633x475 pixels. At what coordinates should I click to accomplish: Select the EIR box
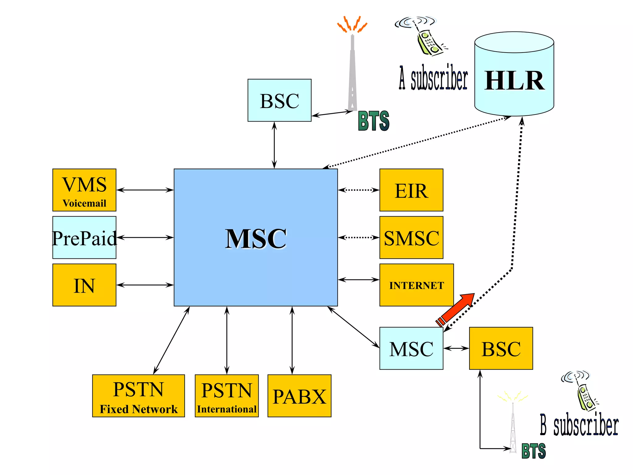click(411, 190)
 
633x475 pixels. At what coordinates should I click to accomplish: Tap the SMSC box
click(411, 237)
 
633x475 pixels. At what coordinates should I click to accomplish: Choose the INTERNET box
click(416, 285)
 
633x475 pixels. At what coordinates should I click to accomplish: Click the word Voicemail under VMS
click(84, 203)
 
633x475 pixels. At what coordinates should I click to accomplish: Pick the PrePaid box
click(84, 237)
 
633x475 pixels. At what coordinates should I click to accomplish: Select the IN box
click(84, 285)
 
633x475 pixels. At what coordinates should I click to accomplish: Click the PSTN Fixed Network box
click(138, 396)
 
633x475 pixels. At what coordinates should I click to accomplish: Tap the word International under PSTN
click(227, 409)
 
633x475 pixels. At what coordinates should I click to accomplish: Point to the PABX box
click(299, 396)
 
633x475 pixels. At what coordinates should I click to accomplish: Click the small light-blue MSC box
click(411, 348)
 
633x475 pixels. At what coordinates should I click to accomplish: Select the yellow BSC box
click(501, 348)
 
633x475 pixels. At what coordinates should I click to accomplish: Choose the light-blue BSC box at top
click(279, 100)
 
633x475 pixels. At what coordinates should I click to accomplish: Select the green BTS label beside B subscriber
click(533, 451)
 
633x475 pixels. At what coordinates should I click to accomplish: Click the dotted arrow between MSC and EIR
click(359, 190)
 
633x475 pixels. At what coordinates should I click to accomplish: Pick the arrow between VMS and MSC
click(145, 190)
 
